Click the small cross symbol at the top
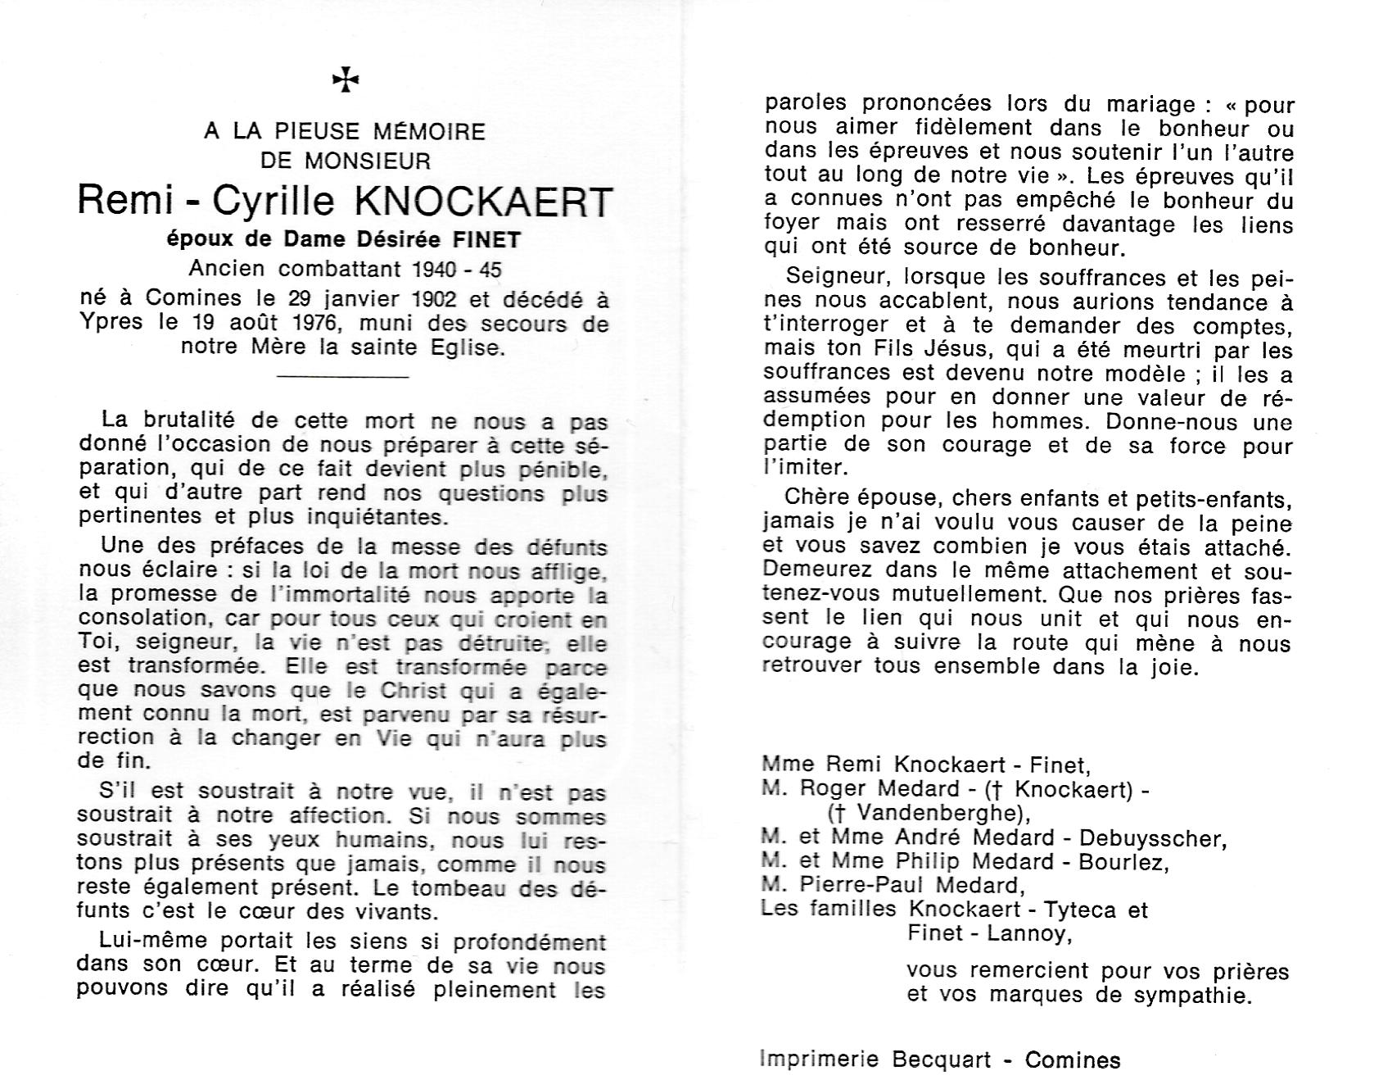pos(346,79)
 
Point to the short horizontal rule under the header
pos(343,377)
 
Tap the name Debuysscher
pos(1152,837)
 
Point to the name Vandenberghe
pos(933,814)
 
